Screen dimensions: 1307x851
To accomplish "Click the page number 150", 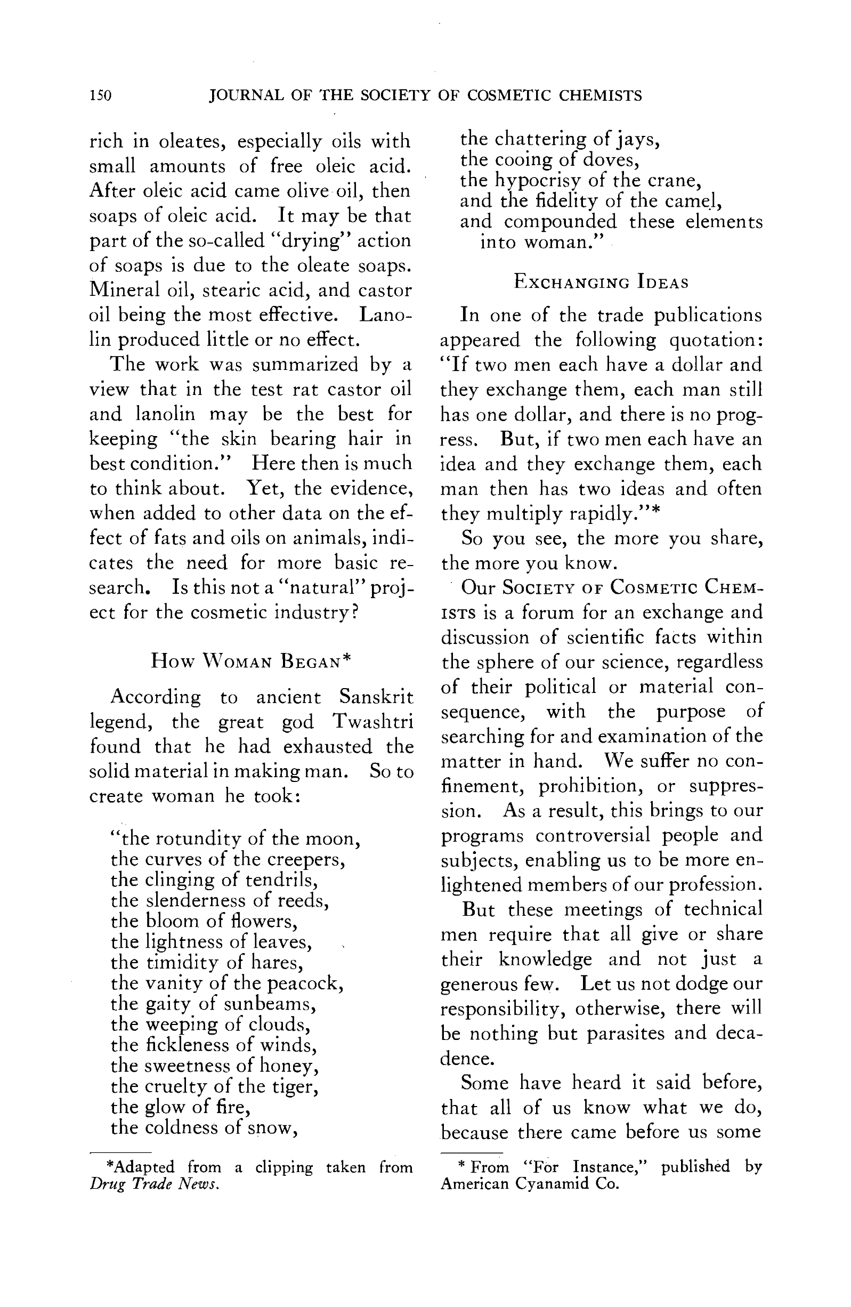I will [101, 95].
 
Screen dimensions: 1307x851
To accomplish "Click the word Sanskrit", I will [376, 697].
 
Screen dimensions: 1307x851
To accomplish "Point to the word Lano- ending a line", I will [385, 315].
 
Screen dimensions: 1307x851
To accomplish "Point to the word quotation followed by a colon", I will [716, 341].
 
